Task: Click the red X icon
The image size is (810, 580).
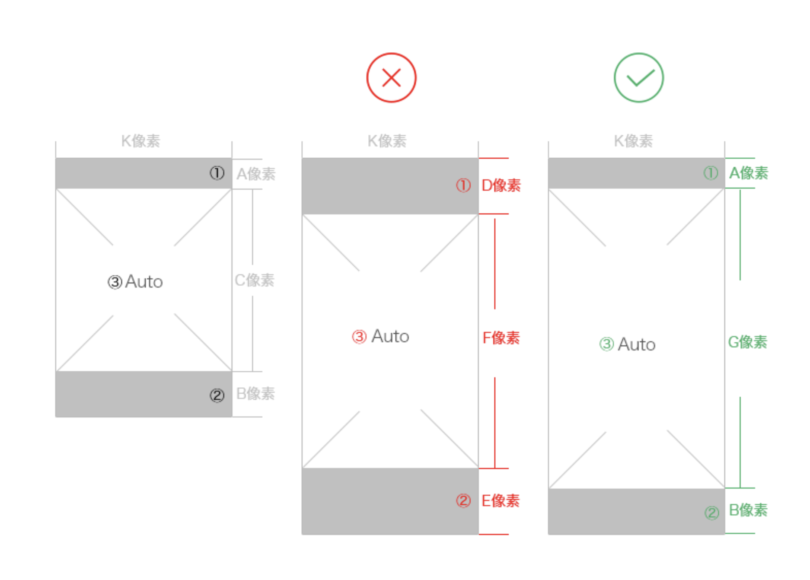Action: (391, 78)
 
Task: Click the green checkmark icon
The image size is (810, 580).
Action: (638, 78)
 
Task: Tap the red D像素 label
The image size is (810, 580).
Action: (501, 185)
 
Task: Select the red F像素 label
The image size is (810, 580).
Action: (501, 338)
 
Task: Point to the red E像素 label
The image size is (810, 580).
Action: (501, 501)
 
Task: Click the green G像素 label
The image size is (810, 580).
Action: (747, 342)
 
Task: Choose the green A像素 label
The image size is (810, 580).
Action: (748, 173)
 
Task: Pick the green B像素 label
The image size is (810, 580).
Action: (748, 510)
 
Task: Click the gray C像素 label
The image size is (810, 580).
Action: (254, 280)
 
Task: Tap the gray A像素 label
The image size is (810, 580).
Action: (256, 174)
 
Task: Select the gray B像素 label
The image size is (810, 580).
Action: (255, 394)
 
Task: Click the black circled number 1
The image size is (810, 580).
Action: (217, 173)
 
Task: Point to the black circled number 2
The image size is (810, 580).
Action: (217, 395)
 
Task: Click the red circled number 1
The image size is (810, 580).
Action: (463, 186)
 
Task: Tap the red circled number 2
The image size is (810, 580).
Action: (463, 501)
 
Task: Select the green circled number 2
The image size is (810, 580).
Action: (711, 513)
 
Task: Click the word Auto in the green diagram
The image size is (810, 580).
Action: (637, 344)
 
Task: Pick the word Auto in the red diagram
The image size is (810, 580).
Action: (390, 336)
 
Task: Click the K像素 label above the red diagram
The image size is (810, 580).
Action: (387, 141)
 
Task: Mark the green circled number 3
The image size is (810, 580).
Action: (606, 344)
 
